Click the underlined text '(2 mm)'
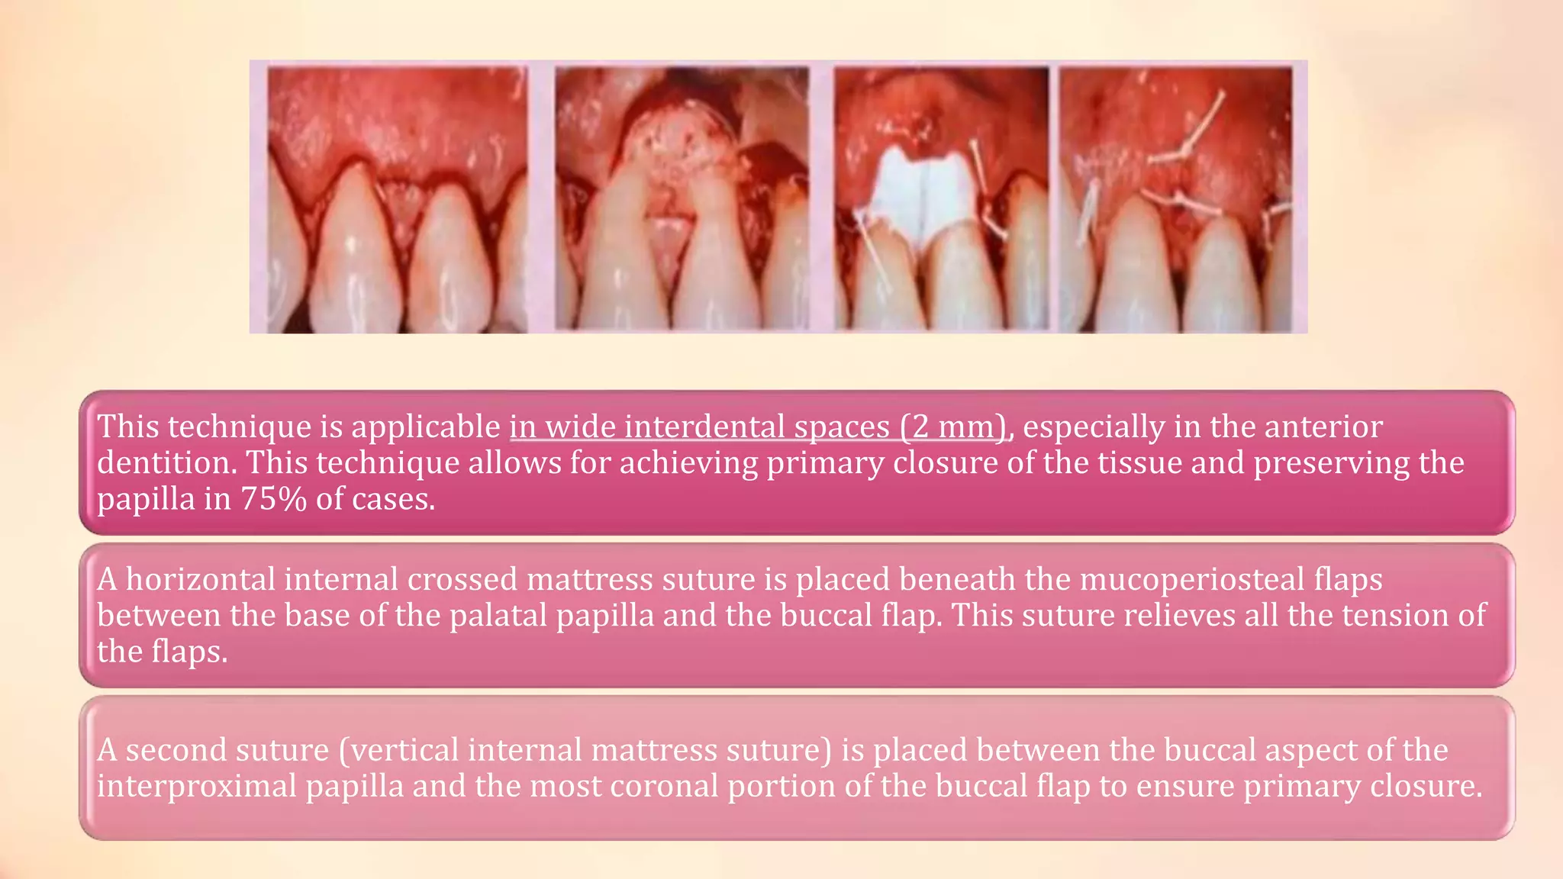[954, 427]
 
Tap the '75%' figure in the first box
[273, 500]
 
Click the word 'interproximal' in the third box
[196, 787]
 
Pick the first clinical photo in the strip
[397, 198]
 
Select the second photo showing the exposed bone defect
[681, 198]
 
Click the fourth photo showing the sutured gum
[1175, 198]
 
